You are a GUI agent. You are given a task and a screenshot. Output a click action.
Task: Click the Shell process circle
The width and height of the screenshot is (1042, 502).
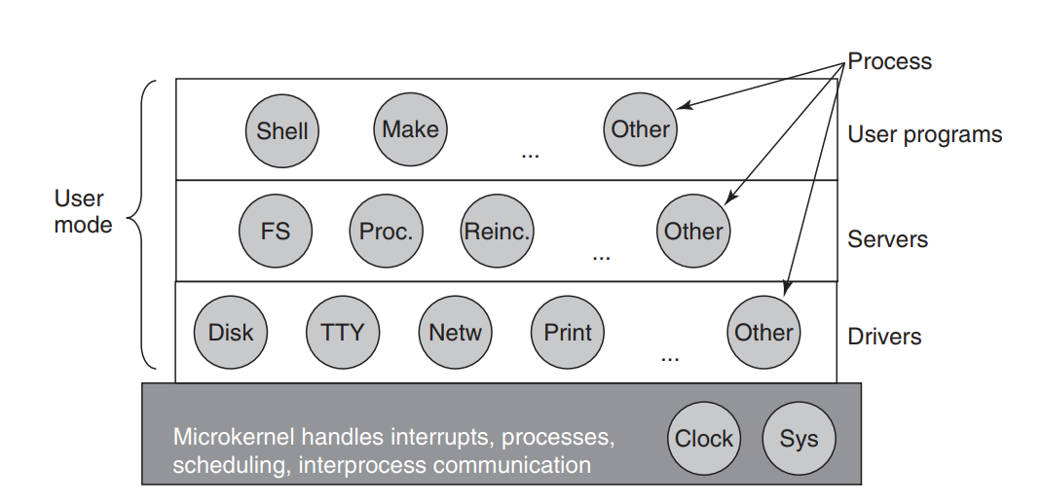coord(281,130)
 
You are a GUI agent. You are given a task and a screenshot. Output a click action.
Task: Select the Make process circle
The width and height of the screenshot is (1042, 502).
coord(410,128)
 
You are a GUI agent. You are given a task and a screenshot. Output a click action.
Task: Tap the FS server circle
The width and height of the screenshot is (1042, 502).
coord(276,232)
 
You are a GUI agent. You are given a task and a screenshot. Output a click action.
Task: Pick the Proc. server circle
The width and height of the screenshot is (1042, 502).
coord(386,232)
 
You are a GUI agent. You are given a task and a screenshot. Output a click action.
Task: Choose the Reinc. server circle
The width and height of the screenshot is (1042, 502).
coord(497,232)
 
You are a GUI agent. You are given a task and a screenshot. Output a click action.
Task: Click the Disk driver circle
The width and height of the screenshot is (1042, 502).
coord(231,332)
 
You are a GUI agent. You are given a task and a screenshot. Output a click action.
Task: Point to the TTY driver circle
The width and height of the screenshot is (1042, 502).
coord(343,332)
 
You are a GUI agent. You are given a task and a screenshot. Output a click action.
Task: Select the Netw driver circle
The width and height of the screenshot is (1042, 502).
coord(455,332)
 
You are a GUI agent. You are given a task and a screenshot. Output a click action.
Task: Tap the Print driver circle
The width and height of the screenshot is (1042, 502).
coord(568,332)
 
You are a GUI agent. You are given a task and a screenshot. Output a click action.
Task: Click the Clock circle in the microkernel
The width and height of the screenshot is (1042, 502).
coord(704,438)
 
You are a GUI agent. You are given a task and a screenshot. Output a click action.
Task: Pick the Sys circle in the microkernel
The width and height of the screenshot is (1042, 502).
coord(799,438)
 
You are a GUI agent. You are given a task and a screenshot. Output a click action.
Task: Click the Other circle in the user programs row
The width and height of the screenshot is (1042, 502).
coord(641,128)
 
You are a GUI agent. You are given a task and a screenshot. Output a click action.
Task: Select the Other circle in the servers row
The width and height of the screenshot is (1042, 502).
coord(693,232)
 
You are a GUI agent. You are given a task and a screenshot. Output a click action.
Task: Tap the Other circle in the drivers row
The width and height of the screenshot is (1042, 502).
coord(763,332)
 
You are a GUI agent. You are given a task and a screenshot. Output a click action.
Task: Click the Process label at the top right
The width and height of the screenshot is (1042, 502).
coord(890,61)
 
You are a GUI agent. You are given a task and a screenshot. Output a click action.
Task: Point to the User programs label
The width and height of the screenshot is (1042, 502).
coord(924,135)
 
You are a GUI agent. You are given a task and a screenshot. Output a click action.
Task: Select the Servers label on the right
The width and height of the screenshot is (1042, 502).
coord(888,238)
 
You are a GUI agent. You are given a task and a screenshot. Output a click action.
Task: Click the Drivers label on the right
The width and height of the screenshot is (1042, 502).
coord(884,337)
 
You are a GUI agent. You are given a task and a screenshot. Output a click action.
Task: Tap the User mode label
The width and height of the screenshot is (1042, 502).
coord(83,212)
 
